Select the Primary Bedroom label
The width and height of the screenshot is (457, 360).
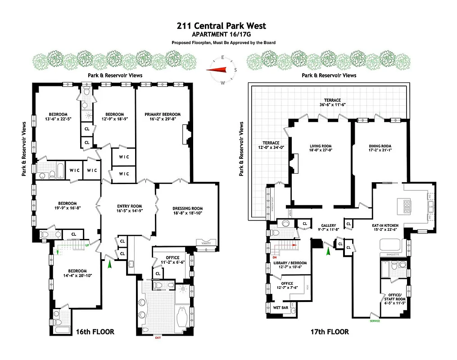tap(163, 114)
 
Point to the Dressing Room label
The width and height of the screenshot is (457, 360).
tap(188, 208)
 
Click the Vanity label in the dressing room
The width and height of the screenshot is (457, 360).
tap(208, 243)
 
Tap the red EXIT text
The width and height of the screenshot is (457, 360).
tap(158, 337)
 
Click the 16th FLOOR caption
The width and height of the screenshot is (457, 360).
tap(95, 332)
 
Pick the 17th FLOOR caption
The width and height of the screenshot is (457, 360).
tap(330, 332)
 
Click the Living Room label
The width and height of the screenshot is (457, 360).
tap(321, 146)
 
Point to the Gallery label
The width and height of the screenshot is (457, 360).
tap(329, 225)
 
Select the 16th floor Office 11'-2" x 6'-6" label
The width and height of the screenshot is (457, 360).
tap(172, 258)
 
